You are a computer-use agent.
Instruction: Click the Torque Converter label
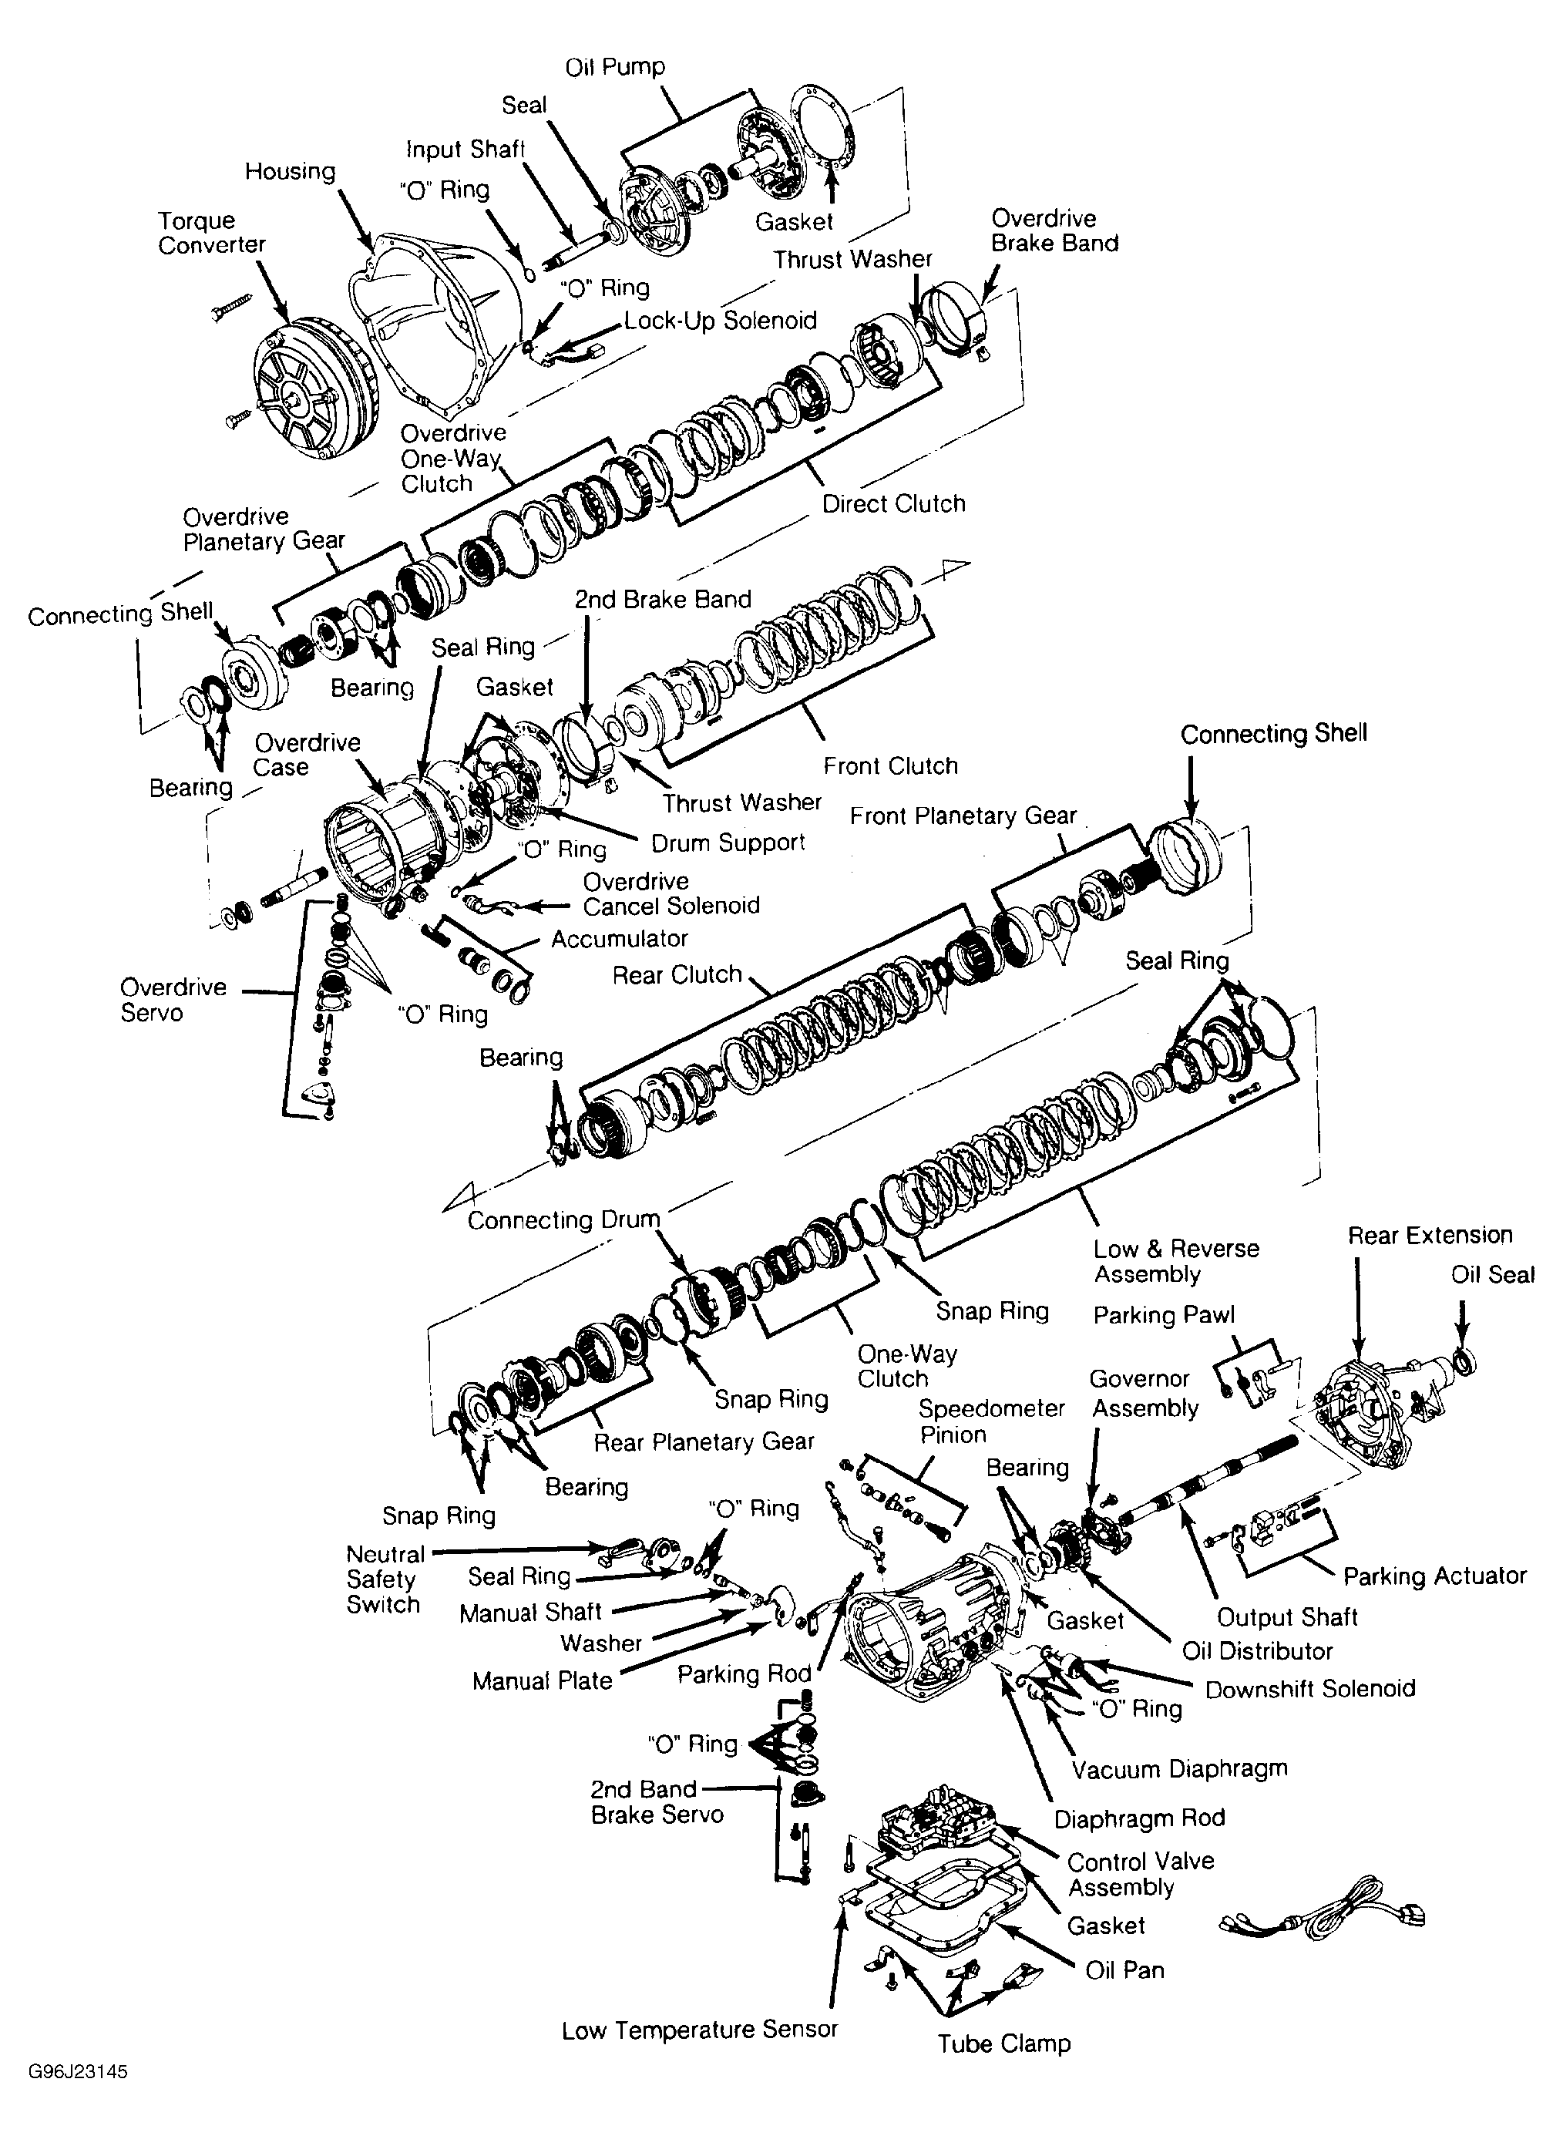212,233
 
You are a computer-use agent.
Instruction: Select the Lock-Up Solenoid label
720,320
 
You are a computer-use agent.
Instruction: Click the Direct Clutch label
893,503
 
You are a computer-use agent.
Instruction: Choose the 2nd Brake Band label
664,599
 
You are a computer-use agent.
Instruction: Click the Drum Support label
728,843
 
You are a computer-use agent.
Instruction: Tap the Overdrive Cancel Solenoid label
671,893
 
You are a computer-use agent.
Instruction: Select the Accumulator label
620,939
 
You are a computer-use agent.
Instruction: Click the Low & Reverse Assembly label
1176,1262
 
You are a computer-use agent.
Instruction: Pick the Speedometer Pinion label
992,1421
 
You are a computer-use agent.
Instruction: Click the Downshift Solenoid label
1310,1690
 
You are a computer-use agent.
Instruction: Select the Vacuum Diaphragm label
1179,1769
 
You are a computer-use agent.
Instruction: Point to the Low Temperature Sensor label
699,2029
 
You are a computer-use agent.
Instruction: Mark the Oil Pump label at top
615,67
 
